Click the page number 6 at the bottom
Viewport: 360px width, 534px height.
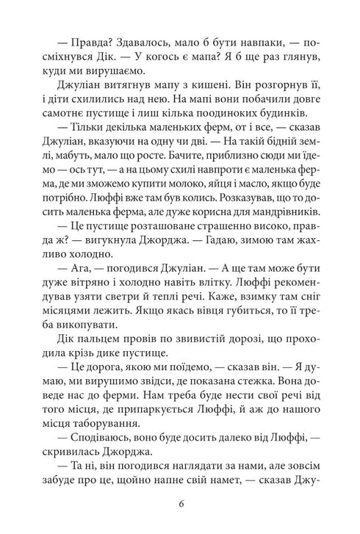click(180, 505)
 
